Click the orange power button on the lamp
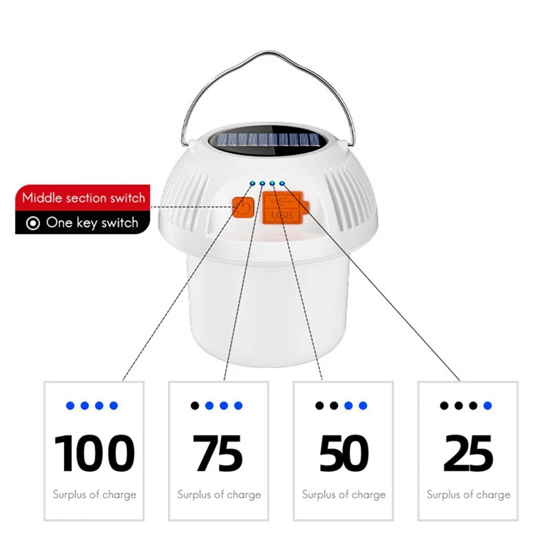point(242,208)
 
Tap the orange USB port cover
point(282,207)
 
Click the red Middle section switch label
point(83,198)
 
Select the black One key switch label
point(92,223)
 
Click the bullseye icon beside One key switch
point(32,223)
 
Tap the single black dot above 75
point(195,406)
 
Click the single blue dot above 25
point(488,406)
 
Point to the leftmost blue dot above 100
point(70,406)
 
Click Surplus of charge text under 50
point(344,495)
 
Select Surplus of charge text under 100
point(94,495)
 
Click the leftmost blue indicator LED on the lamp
point(253,183)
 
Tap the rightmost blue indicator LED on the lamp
point(282,183)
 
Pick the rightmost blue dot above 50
point(363,406)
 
